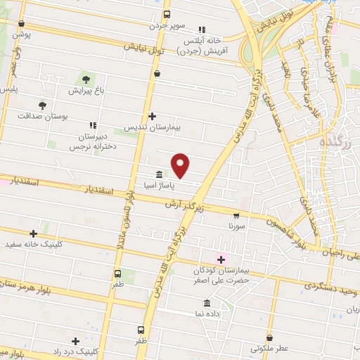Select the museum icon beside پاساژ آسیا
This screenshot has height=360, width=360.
tap(159, 174)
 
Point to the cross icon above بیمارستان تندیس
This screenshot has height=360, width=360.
tap(153, 117)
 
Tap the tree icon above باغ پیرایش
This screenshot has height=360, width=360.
tap(86, 79)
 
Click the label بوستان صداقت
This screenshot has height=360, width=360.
tap(44, 116)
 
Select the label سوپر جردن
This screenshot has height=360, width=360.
tap(166, 25)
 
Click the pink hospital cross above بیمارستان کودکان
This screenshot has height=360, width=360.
tap(221, 259)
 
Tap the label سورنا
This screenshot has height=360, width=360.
tap(236, 227)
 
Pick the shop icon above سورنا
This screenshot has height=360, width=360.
tap(236, 217)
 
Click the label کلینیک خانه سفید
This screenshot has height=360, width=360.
tap(33, 245)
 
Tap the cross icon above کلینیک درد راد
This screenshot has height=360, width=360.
tap(75, 340)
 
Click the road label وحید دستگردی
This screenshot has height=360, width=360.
tap(330, 288)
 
